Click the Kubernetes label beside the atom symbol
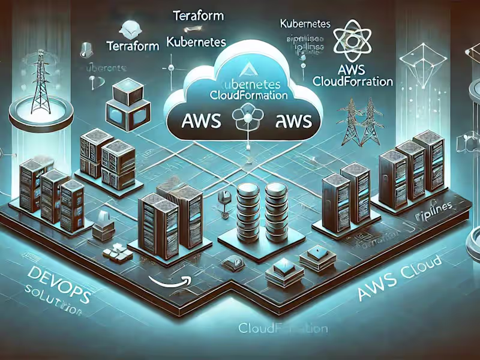tap(305, 25)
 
